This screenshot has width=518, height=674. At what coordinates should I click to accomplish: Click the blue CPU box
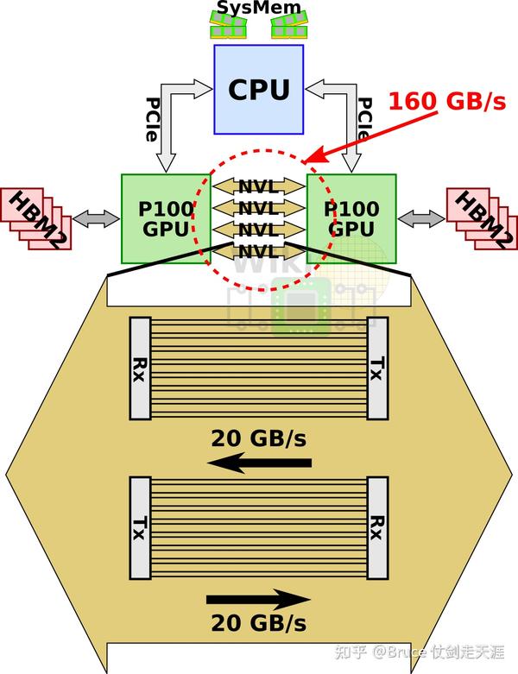(258, 89)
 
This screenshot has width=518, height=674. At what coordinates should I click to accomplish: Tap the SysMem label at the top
(259, 9)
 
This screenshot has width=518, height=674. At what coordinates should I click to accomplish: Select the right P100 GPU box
(353, 218)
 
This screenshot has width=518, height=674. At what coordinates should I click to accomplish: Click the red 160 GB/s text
(446, 101)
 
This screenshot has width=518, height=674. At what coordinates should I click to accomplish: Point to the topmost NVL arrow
(259, 186)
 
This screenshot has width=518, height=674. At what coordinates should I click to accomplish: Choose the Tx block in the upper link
(377, 368)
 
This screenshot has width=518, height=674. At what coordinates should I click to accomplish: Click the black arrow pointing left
(259, 464)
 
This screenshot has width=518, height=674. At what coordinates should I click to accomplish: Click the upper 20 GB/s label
(259, 438)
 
